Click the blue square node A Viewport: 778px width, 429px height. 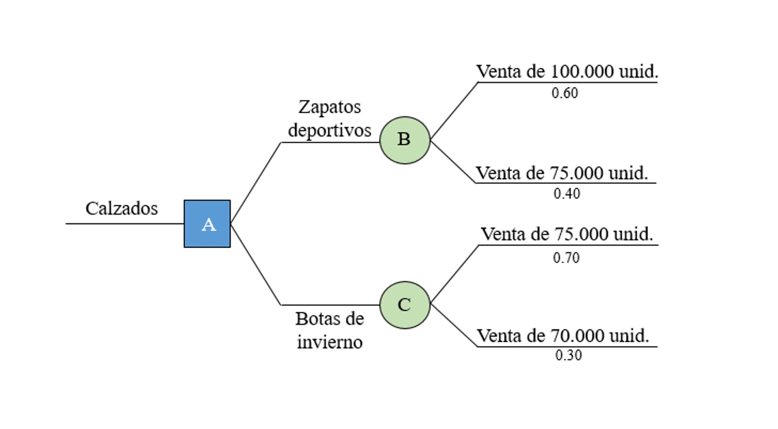pyautogui.click(x=207, y=223)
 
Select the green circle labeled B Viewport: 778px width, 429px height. pyautogui.click(x=405, y=140)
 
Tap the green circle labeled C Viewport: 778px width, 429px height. pyautogui.click(x=405, y=305)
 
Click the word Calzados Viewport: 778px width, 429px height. pyautogui.click(x=122, y=209)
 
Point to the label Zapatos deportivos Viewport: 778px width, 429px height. pyautogui.click(x=329, y=119)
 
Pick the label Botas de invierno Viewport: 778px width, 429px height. pyautogui.click(x=329, y=330)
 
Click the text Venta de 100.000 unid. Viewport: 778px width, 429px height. pyautogui.click(x=567, y=71)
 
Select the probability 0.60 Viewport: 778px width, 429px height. pyautogui.click(x=565, y=93)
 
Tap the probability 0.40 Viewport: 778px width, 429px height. pyautogui.click(x=567, y=193)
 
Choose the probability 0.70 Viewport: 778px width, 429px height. pyautogui.click(x=566, y=258)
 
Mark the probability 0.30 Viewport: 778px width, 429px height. pyautogui.click(x=568, y=355)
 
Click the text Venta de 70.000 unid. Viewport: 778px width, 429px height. pyautogui.click(x=563, y=336)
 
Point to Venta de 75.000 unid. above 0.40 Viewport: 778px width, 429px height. pyautogui.click(x=562, y=173)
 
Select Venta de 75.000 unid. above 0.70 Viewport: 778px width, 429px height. pyautogui.click(x=567, y=234)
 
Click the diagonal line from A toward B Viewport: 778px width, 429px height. pyautogui.click(x=256, y=182)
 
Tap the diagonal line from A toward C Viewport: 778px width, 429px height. pyautogui.click(x=256, y=264)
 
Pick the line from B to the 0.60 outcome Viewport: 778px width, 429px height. pyautogui.click(x=454, y=111)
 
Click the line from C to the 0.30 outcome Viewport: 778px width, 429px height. pyautogui.click(x=454, y=325)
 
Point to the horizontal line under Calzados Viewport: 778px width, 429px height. pyautogui.click(x=125, y=223)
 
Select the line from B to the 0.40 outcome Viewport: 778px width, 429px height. pyautogui.click(x=453, y=162)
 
